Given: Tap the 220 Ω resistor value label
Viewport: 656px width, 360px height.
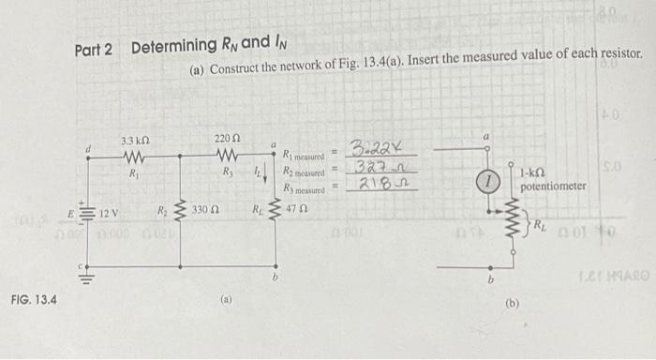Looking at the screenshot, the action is pyautogui.click(x=224, y=141).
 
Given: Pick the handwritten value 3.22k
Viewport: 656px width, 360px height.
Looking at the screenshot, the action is pyautogui.click(x=371, y=148).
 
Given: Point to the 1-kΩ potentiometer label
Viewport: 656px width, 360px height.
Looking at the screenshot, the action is pyautogui.click(x=553, y=180).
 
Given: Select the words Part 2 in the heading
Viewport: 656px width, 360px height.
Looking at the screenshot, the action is pyautogui.click(x=94, y=48).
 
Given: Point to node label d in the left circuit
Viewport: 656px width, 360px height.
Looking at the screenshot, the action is pyautogui.click(x=89, y=146).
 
